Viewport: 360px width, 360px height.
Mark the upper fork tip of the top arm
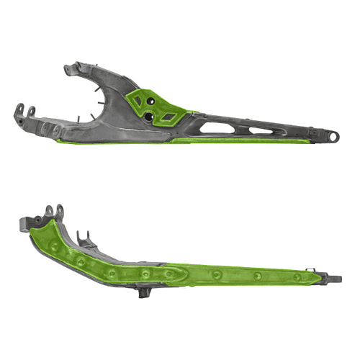69,69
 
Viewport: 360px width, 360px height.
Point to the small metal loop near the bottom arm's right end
312,269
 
